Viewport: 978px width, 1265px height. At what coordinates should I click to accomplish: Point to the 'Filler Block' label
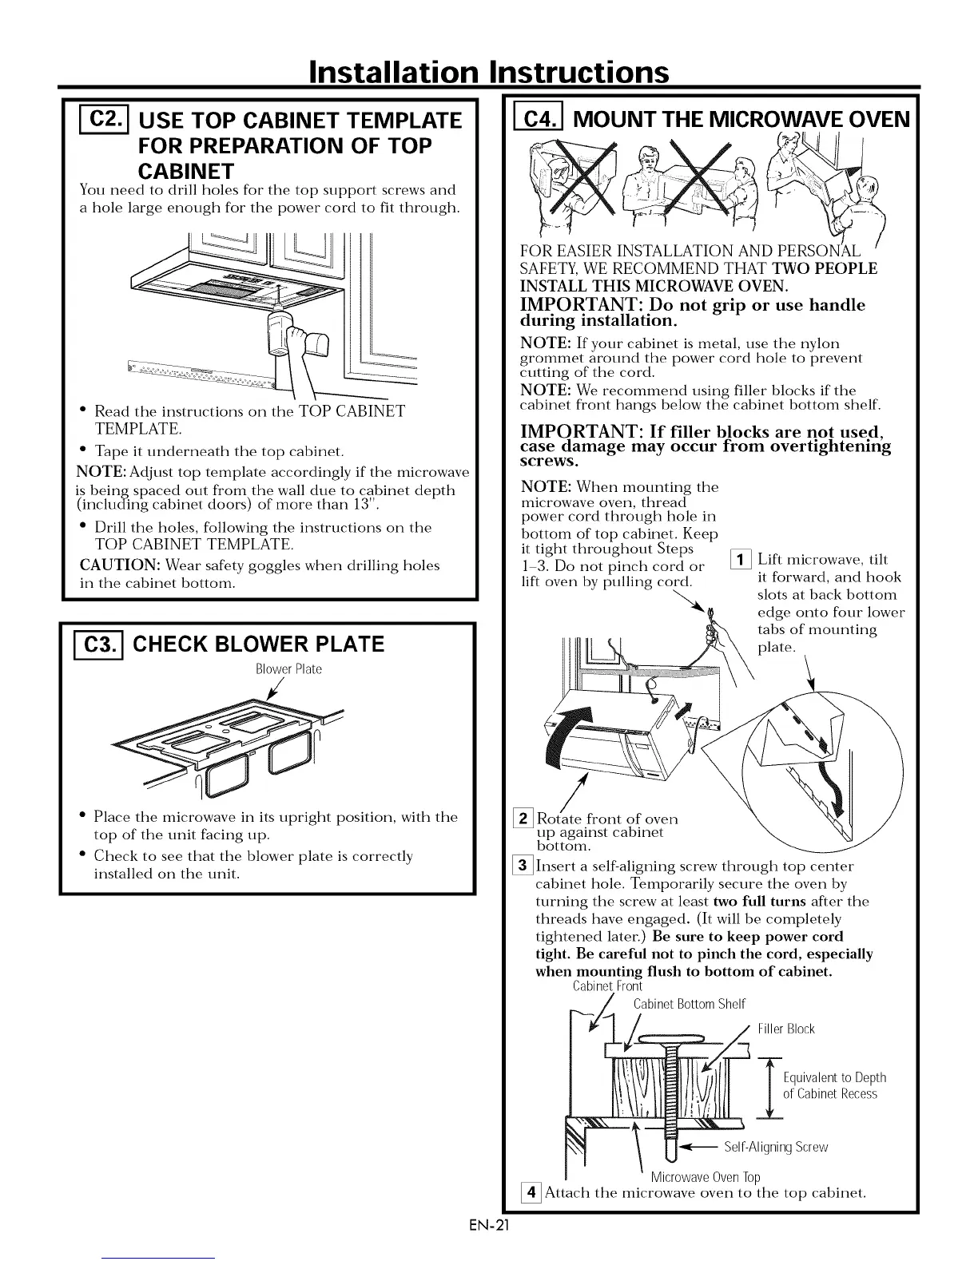click(x=785, y=1029)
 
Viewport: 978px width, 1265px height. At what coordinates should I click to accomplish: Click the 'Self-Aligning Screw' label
click(x=775, y=1148)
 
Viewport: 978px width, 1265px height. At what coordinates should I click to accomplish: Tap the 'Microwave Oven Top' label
click(x=705, y=1177)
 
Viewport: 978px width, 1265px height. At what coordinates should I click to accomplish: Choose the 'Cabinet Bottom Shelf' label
click(x=688, y=1004)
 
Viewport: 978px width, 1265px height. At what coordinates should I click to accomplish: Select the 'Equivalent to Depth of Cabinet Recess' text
click(x=834, y=1085)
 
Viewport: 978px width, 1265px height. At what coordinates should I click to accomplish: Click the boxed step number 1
click(x=742, y=560)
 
